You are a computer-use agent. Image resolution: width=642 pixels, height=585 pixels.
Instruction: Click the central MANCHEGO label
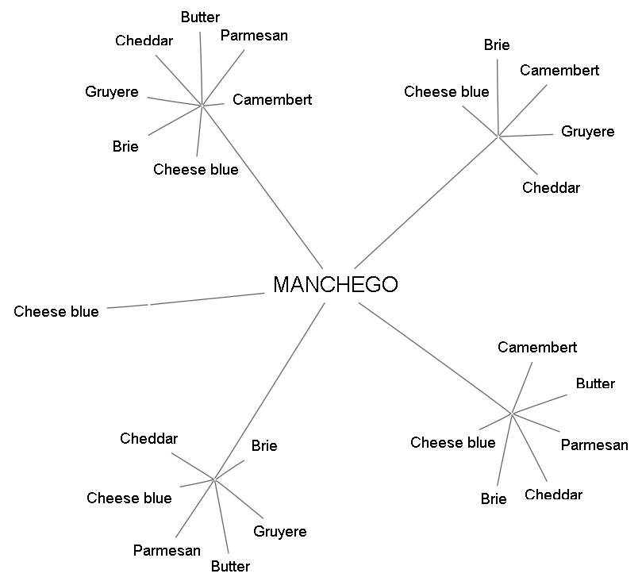(x=335, y=285)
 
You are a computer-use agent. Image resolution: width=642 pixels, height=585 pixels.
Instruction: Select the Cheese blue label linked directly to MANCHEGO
(x=56, y=312)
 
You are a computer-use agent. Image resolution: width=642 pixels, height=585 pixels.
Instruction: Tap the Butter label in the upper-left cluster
(x=200, y=17)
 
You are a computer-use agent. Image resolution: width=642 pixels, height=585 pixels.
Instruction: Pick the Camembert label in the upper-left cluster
(x=272, y=100)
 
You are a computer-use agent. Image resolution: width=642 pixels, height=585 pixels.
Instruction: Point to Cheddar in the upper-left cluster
(x=144, y=41)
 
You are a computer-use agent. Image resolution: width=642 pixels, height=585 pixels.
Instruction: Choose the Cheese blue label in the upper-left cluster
(x=196, y=169)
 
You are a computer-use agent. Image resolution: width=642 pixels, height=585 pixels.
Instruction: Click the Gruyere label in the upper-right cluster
(x=587, y=132)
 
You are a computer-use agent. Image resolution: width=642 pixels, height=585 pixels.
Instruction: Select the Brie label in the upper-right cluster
(x=497, y=45)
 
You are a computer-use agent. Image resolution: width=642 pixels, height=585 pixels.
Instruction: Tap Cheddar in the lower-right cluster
(x=553, y=495)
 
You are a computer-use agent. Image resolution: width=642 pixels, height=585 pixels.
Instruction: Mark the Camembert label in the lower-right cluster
(x=537, y=348)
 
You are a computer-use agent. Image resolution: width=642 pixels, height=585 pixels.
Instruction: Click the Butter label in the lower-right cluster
(x=595, y=384)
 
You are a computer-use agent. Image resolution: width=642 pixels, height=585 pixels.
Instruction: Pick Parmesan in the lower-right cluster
(x=594, y=445)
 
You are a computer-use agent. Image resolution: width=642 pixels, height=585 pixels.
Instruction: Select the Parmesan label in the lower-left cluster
(x=167, y=551)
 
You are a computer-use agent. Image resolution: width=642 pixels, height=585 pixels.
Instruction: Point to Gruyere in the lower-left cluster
(x=279, y=532)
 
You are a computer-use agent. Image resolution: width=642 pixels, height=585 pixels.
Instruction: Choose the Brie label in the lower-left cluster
(x=264, y=446)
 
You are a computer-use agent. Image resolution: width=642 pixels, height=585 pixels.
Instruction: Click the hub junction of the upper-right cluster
(x=498, y=137)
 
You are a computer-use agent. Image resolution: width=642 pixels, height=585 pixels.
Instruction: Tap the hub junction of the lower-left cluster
(x=214, y=479)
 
